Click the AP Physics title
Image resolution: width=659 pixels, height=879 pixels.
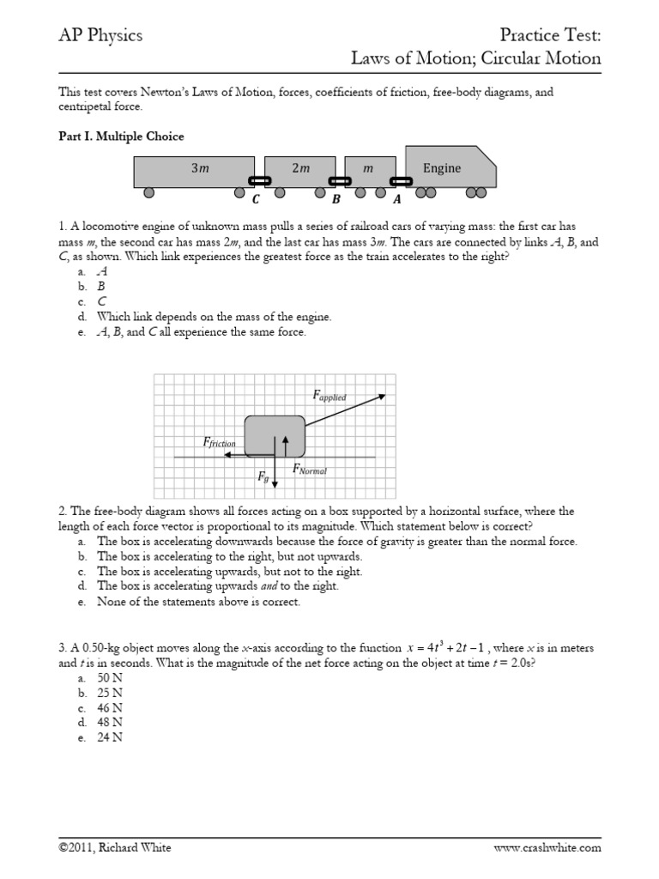(100, 35)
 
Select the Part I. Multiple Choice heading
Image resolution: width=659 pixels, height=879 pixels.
(120, 136)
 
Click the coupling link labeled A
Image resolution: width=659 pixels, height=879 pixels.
(400, 181)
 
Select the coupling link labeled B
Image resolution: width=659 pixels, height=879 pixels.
(340, 181)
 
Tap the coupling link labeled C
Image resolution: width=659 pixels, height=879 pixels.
(259, 181)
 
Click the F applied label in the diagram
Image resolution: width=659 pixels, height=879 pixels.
(329, 396)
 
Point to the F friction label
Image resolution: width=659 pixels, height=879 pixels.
(219, 443)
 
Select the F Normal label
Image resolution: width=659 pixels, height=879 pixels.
(310, 469)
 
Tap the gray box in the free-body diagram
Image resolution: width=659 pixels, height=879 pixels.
(275, 436)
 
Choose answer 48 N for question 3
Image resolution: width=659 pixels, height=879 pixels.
(111, 723)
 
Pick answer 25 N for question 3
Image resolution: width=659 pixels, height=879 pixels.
(111, 692)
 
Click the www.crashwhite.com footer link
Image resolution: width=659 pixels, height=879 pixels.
(547, 847)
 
